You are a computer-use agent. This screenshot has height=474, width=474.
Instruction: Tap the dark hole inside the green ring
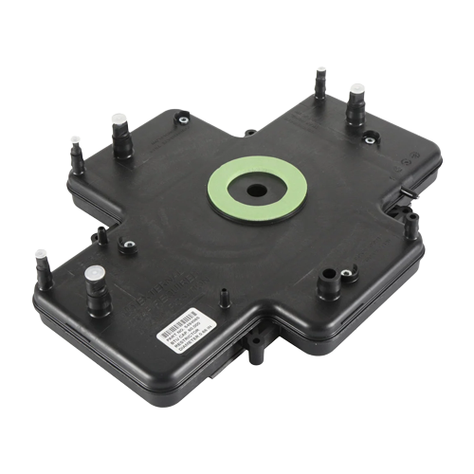257,189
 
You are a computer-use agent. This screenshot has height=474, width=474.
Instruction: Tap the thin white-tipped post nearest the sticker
42,269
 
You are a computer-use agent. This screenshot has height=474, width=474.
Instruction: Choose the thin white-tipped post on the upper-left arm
75,155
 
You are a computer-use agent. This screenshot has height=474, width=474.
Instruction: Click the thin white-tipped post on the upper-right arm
320,82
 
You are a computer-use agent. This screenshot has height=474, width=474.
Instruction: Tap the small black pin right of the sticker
224,299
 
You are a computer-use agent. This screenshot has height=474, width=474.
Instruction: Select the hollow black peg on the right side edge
411,226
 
